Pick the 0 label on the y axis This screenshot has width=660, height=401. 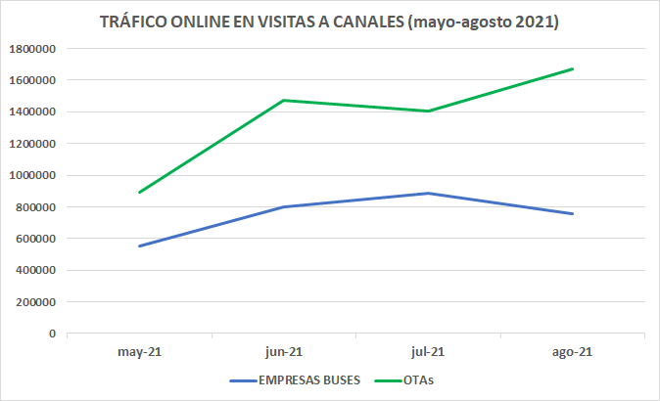51,334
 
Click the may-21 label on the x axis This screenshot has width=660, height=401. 139,351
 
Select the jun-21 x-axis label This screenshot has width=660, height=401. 284,351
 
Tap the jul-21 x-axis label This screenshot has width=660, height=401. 428,351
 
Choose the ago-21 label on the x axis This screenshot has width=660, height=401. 573,351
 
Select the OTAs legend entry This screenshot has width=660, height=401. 418,379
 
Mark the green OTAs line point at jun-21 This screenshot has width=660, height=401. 284,100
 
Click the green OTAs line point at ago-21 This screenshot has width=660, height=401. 573,68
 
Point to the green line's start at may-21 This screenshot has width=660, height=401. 139,192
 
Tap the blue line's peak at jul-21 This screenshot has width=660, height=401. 428,193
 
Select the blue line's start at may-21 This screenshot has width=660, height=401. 139,245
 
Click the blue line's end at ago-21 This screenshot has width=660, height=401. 573,213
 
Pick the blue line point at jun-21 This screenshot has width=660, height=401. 284,206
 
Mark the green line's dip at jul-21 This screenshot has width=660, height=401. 428,111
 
